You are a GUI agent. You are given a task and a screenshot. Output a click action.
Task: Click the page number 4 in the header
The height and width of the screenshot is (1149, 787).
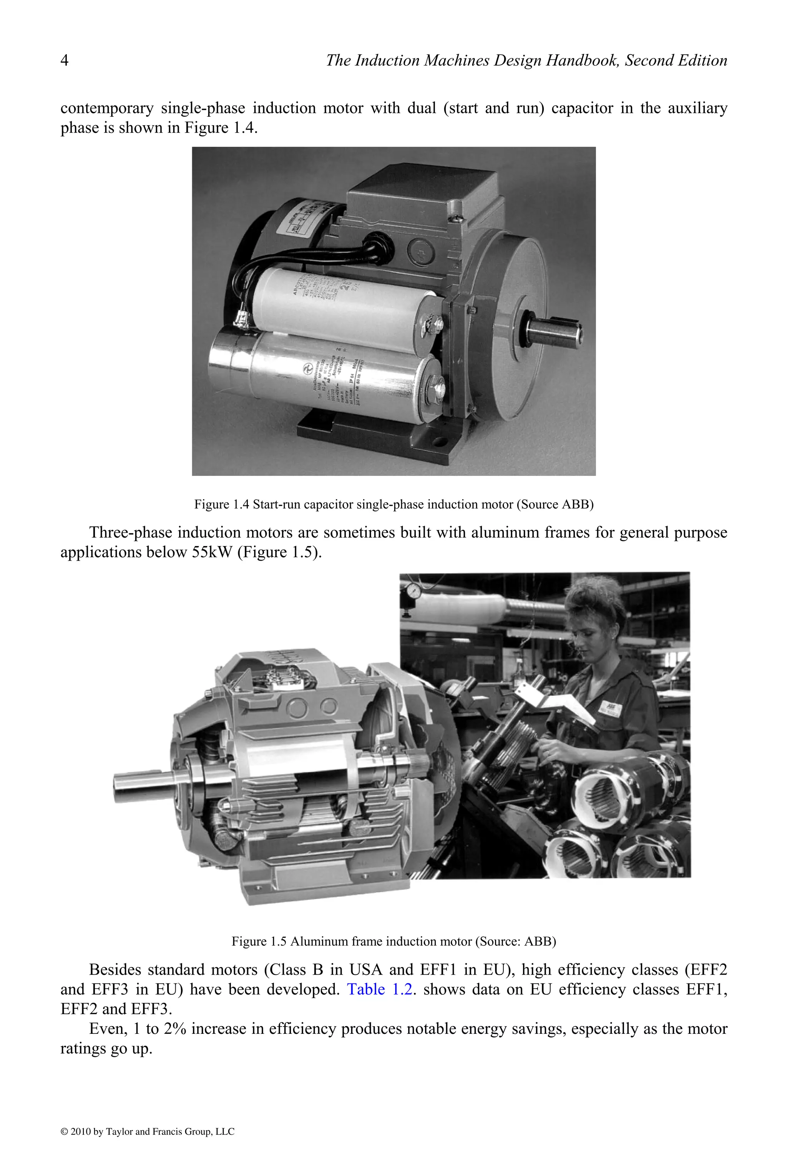(x=64, y=60)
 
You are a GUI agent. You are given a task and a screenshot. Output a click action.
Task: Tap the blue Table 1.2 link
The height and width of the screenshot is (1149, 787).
(x=379, y=989)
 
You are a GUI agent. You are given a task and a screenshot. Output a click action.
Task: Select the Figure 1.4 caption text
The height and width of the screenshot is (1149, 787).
(x=394, y=504)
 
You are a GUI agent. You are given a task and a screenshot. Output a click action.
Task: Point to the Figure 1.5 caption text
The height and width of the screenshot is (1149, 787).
(x=394, y=941)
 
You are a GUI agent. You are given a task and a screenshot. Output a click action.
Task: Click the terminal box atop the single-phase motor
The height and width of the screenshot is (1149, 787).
(x=420, y=198)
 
